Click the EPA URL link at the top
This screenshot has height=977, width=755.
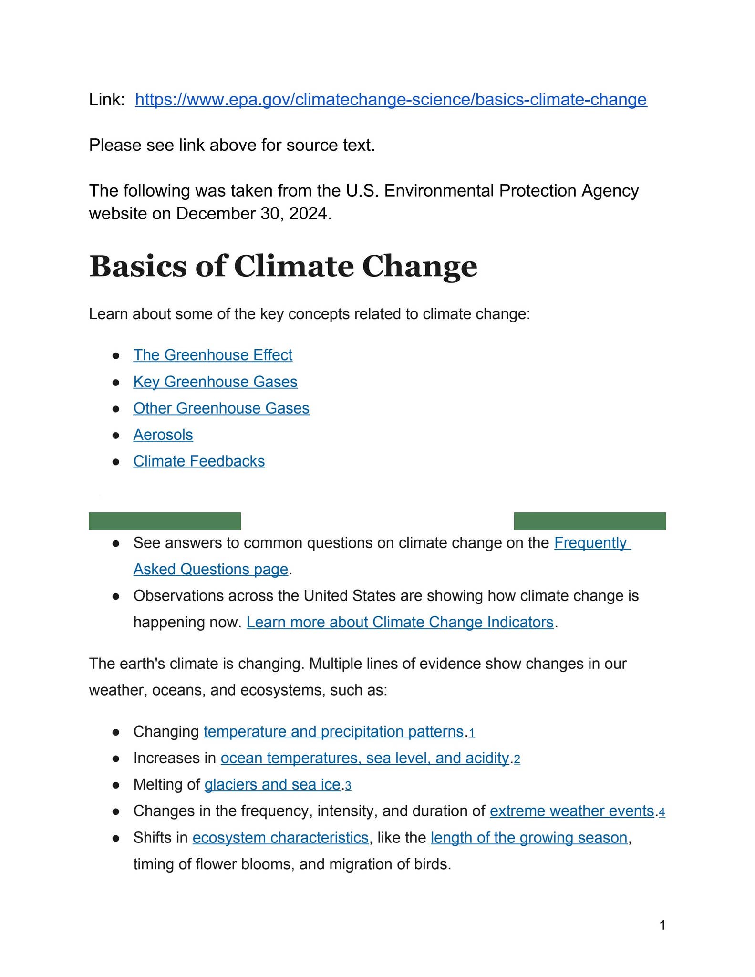391,100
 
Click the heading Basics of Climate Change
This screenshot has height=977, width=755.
283,266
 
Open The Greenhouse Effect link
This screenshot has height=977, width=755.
213,355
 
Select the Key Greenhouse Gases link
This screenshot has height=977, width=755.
215,382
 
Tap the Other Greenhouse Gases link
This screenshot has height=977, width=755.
221,408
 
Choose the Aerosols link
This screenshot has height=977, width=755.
163,435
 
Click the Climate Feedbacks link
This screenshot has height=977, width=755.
199,461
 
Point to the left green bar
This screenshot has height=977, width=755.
165,521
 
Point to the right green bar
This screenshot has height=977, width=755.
590,521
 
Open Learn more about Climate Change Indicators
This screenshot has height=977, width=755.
400,622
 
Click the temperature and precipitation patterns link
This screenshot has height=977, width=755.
333,731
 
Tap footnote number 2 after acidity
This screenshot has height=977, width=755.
517,759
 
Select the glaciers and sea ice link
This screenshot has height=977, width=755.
272,784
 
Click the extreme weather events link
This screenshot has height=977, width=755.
571,811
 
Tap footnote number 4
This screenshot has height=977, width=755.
662,812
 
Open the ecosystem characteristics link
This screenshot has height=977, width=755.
280,838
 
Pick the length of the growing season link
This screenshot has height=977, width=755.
528,838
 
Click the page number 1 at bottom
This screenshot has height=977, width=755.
662,925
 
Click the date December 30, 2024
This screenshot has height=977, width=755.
252,213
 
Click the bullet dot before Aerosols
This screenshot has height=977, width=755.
115,436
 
